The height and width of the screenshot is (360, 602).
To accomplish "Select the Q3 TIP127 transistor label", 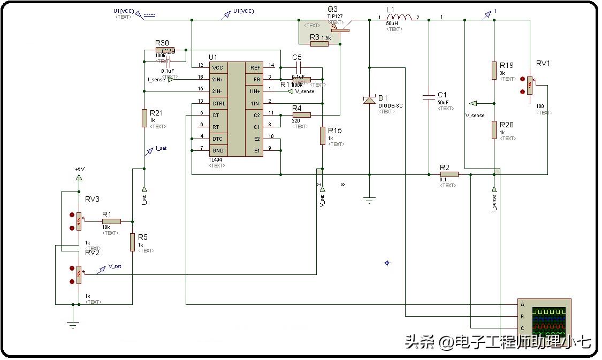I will pos(335,16).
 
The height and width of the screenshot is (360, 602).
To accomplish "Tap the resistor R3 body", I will pos(319,43).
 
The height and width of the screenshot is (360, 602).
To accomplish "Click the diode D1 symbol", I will pos(369,99).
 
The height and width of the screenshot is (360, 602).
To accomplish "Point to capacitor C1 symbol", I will pos(428,97).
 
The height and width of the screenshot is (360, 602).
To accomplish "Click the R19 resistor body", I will pos(494,71).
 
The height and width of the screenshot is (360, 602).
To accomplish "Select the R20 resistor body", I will pos(494,130).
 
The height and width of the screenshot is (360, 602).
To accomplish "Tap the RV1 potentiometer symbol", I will pos(529,85).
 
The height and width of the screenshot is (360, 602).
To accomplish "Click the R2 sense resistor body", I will pos(449,174).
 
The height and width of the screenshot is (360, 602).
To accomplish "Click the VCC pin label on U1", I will pos(218,68).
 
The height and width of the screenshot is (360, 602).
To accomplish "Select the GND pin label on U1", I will pos(218,150).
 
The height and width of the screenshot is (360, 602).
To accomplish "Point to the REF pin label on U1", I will pos(255,68).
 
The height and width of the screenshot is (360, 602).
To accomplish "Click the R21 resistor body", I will pos(144,118).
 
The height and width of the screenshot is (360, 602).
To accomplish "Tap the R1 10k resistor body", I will pos(111,221).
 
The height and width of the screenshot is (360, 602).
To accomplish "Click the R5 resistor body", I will pos(132,242).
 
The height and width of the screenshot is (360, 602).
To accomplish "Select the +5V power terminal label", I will pos(79,168).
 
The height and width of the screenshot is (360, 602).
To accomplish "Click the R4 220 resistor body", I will pos(301,114).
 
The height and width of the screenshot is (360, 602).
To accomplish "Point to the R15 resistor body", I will pos(323,135).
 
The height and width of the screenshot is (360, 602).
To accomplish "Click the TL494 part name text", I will pos(216,160).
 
